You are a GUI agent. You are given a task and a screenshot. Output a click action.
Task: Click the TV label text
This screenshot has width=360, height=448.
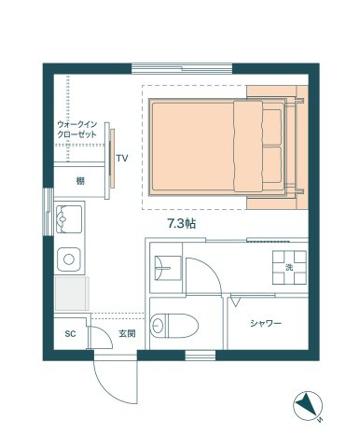coord(122,159)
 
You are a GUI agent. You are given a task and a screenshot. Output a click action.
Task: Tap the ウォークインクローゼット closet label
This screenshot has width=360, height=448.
coord(77,129)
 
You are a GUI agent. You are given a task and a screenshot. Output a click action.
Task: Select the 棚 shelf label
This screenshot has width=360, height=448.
coord(81,180)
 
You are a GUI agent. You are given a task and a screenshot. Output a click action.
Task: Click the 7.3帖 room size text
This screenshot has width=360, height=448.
coord(181,225)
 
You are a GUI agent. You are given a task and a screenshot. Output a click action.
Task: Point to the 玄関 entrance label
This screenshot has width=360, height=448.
coord(127,332)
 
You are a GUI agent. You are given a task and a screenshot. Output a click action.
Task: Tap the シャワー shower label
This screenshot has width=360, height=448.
coord(266,323)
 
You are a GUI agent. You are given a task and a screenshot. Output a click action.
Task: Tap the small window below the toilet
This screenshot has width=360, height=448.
coord(200,356)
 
